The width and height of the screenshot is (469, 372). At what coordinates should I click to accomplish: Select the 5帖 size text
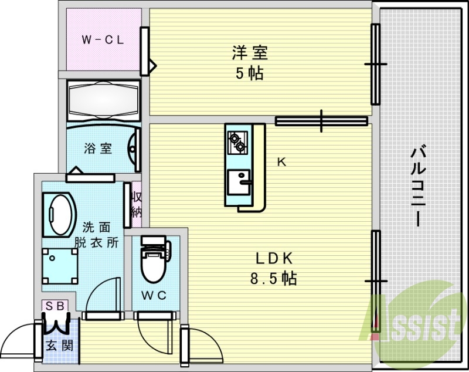pos(250,74)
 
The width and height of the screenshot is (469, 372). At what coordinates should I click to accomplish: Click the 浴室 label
pos(98,148)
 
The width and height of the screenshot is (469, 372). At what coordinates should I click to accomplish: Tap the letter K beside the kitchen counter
pos(281,163)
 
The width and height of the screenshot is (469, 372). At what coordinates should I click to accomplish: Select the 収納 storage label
pos(136,203)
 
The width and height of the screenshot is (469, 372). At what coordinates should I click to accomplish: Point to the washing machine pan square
pos(60,263)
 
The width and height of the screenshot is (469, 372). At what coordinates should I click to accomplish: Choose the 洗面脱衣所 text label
pos(96,234)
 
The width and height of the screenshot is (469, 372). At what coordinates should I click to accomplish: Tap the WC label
pos(155,295)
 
